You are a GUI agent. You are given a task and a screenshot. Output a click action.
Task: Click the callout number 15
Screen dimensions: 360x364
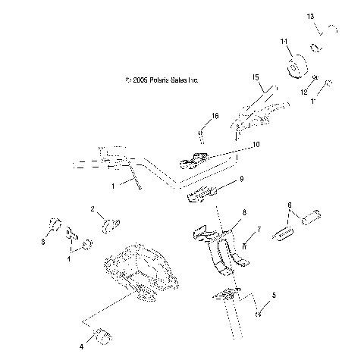pos(256,77)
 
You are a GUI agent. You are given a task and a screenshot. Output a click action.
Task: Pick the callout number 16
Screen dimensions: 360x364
pos(215,116)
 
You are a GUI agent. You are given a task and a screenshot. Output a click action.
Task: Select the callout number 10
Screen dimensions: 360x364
pos(255,144)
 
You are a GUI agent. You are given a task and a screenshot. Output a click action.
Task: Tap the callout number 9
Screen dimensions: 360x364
pos(241,179)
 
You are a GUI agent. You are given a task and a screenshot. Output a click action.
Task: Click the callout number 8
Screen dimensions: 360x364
pos(243,214)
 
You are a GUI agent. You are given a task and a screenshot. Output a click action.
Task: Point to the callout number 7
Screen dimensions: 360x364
pos(259,228)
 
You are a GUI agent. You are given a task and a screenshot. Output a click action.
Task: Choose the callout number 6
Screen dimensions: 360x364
pos(289,205)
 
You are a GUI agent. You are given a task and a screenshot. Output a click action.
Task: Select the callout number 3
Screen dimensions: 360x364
pos(42,243)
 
